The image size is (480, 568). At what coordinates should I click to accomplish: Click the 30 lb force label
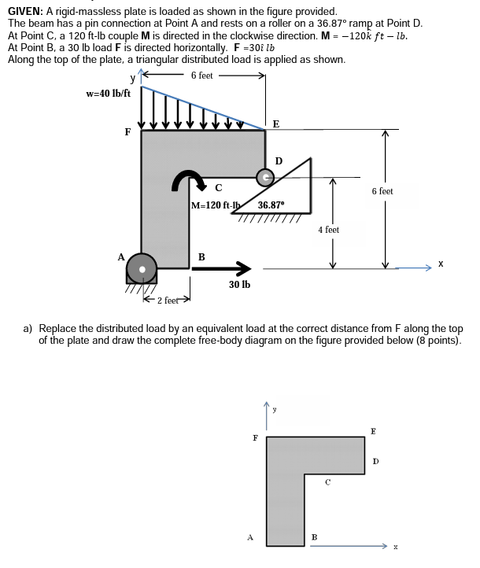(x=239, y=284)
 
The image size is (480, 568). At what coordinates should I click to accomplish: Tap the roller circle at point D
(x=267, y=178)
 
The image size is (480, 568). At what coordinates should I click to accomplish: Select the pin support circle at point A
(x=142, y=267)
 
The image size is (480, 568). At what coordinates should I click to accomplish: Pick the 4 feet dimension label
(x=328, y=230)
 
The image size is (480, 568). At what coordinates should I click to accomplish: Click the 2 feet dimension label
(x=169, y=300)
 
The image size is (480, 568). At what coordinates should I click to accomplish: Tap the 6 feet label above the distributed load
(x=201, y=76)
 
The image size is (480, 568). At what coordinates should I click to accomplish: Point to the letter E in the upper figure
(x=275, y=123)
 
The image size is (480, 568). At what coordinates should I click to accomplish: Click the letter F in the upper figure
(x=127, y=132)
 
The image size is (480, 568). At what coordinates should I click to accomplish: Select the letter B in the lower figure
(x=314, y=538)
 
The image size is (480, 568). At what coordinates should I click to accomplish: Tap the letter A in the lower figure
(x=250, y=538)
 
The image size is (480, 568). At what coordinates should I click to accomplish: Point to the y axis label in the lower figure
(x=275, y=408)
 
